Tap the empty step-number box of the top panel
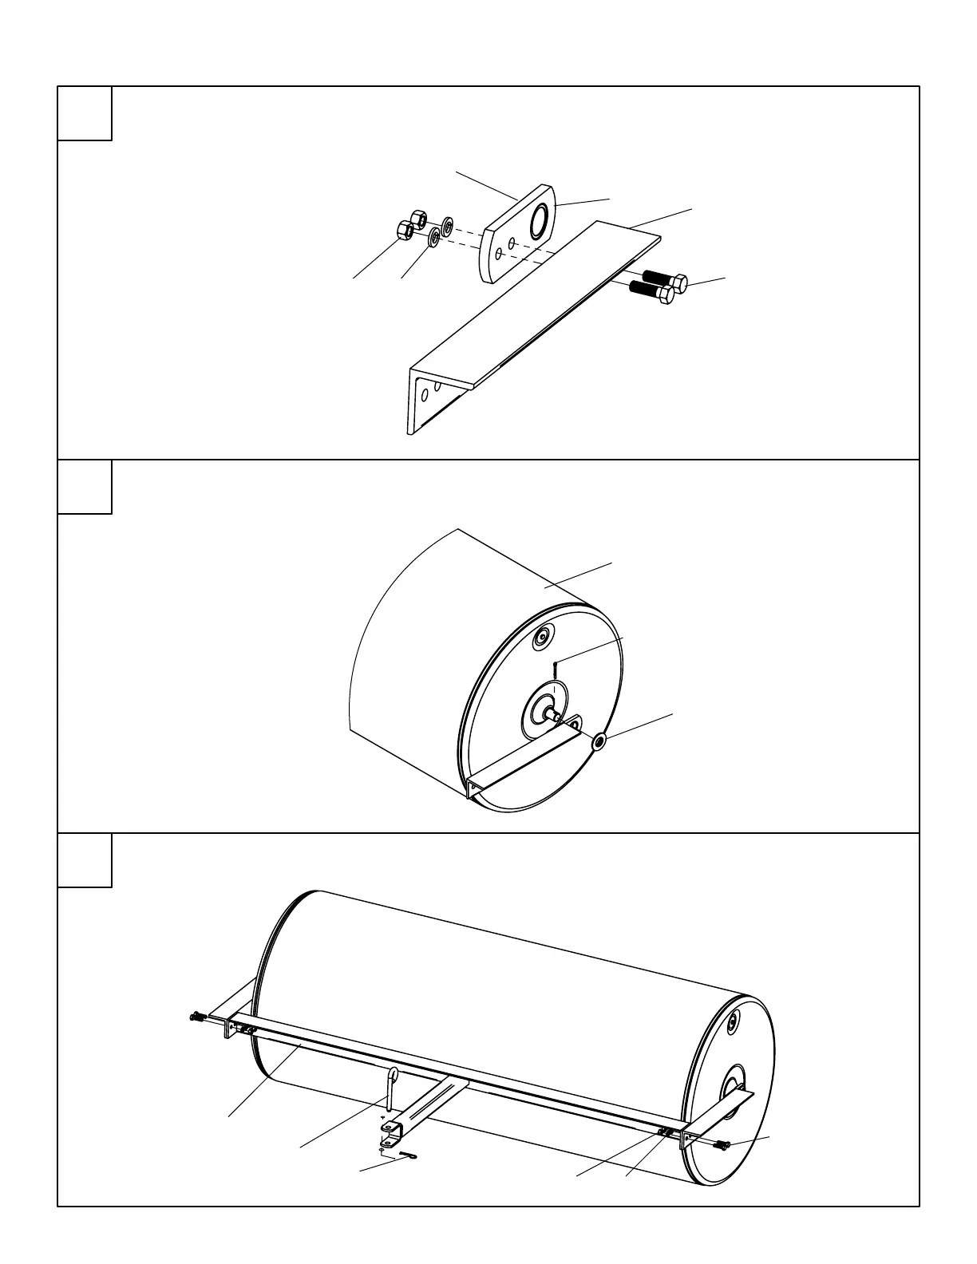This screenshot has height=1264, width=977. click(x=85, y=113)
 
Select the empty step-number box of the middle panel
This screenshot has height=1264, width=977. click(x=85, y=487)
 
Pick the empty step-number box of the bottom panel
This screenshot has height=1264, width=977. click(x=85, y=860)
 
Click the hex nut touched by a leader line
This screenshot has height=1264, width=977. click(x=405, y=229)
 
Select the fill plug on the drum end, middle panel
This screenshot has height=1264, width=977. click(x=544, y=636)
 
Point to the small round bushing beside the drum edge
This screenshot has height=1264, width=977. click(x=599, y=742)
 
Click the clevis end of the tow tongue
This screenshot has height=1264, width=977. click(x=391, y=1128)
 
